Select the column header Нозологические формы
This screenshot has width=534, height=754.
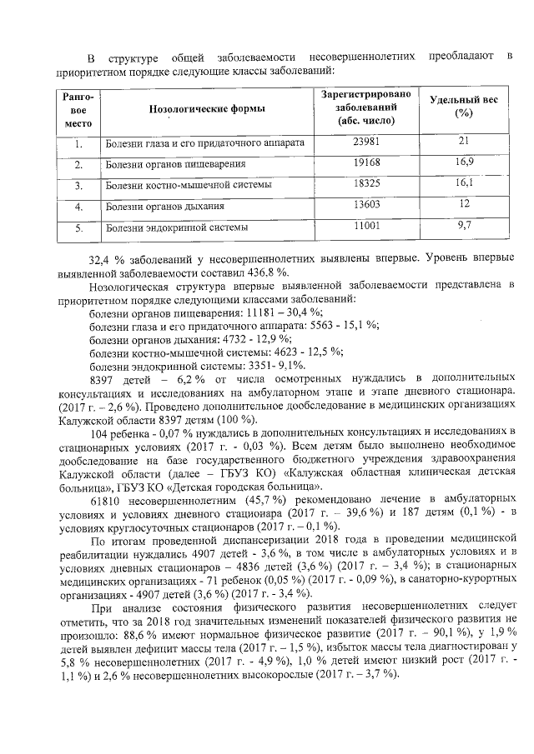207,109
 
